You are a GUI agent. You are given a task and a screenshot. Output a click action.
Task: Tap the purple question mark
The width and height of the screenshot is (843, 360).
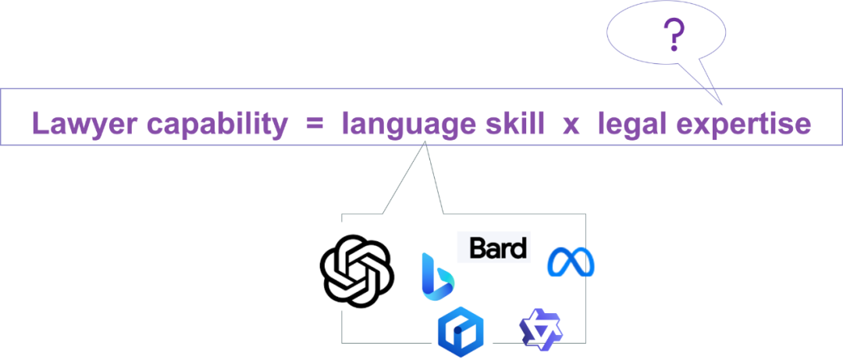[672, 36]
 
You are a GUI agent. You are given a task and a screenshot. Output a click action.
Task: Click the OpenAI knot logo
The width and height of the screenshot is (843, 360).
[356, 266]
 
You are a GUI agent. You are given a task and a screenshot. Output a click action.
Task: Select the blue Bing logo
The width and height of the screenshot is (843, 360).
[438, 275]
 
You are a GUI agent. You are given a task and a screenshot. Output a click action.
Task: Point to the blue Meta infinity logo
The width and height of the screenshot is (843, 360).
[571, 262]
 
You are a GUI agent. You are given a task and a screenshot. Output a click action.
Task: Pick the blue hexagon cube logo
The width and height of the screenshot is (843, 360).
[461, 330]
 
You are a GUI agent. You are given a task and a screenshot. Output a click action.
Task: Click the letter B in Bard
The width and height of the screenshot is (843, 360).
[477, 249]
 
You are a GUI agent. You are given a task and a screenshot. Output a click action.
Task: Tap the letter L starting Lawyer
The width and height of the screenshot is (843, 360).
[39, 124]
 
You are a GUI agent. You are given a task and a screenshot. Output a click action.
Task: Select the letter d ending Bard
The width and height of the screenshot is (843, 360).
[519, 248]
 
